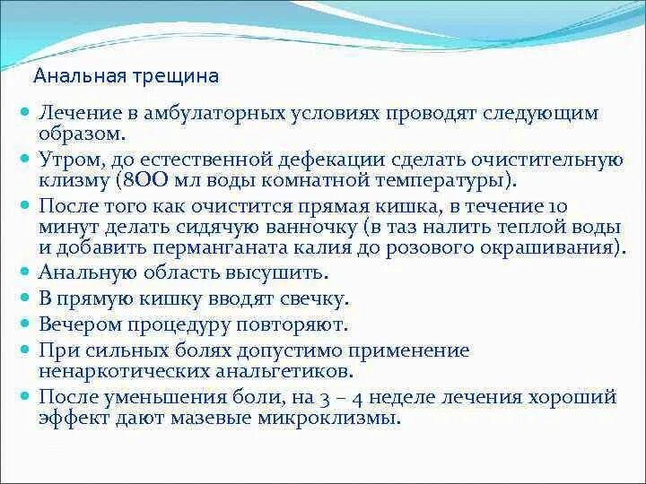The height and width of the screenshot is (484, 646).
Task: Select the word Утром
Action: tap(68, 159)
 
